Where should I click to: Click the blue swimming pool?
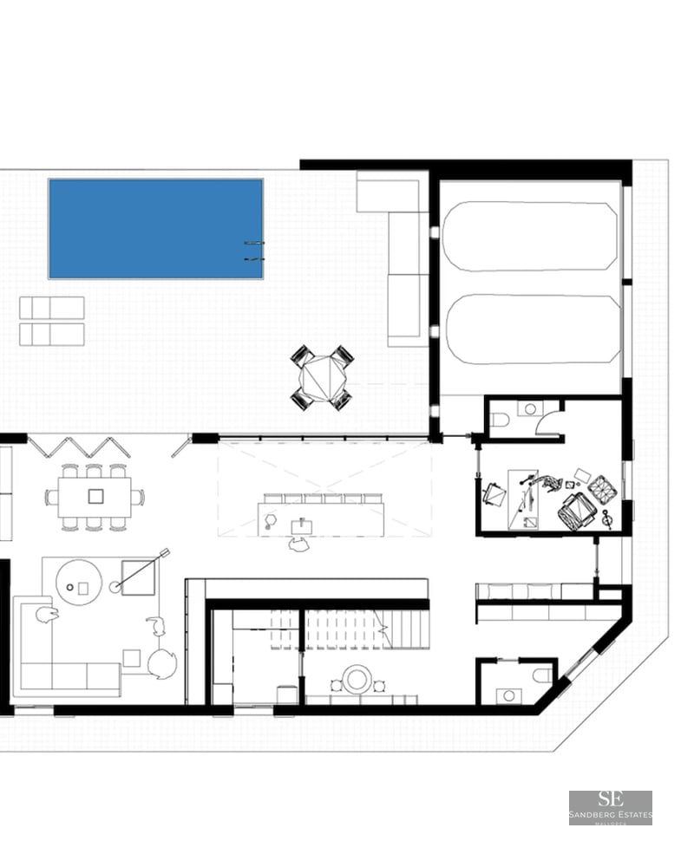(x=156, y=229)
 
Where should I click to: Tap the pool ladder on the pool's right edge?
(x=253, y=251)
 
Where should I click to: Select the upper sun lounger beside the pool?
(x=52, y=308)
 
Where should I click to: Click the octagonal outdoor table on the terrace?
(x=322, y=377)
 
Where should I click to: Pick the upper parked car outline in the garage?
(x=530, y=237)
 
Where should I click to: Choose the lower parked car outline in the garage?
(x=533, y=328)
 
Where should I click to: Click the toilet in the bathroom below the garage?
(x=501, y=420)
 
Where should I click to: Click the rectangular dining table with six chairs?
(x=95, y=497)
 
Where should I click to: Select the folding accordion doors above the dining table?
(x=80, y=447)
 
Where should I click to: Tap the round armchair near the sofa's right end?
(x=161, y=664)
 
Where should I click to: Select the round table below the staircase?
(x=357, y=680)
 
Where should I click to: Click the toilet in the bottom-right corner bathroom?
(x=541, y=675)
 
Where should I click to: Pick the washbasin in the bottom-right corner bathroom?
(x=508, y=694)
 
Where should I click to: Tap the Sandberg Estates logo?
(x=610, y=807)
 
